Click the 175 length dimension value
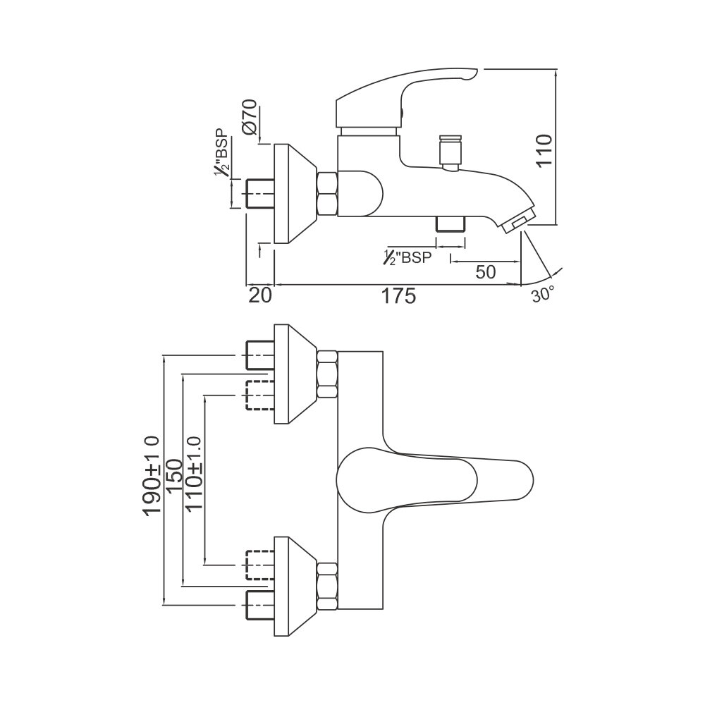[400, 295]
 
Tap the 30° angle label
[543, 295]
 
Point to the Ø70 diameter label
[248, 118]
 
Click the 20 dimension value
[259, 295]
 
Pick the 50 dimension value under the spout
[485, 271]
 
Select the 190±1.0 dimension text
[152, 477]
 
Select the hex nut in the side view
[329, 194]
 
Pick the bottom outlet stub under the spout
[451, 223]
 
